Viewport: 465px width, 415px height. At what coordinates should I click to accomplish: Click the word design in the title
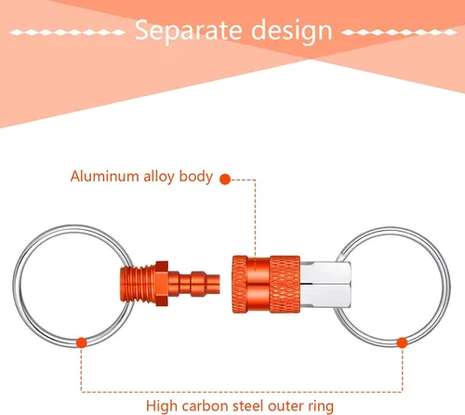tap(292, 31)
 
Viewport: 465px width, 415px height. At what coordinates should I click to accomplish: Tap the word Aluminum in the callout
tap(104, 176)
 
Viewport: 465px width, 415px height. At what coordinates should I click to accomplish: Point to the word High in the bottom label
tap(162, 406)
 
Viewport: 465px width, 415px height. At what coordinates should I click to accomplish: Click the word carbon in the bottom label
tap(205, 406)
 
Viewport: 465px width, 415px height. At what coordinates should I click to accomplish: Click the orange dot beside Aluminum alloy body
tap(225, 180)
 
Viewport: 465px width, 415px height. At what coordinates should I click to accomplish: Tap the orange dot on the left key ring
tap(82, 342)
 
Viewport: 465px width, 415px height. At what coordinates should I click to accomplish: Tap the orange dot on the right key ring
tap(402, 342)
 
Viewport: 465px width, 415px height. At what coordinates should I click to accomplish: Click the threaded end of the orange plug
tap(138, 284)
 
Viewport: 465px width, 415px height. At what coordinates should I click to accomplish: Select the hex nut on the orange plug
tap(162, 284)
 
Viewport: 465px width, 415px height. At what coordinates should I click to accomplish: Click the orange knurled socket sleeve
tap(266, 284)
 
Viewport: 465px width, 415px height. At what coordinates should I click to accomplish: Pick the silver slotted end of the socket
tap(325, 285)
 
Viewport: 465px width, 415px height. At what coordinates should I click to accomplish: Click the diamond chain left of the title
tap(67, 33)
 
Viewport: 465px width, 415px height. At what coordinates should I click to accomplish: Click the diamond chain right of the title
tap(399, 33)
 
